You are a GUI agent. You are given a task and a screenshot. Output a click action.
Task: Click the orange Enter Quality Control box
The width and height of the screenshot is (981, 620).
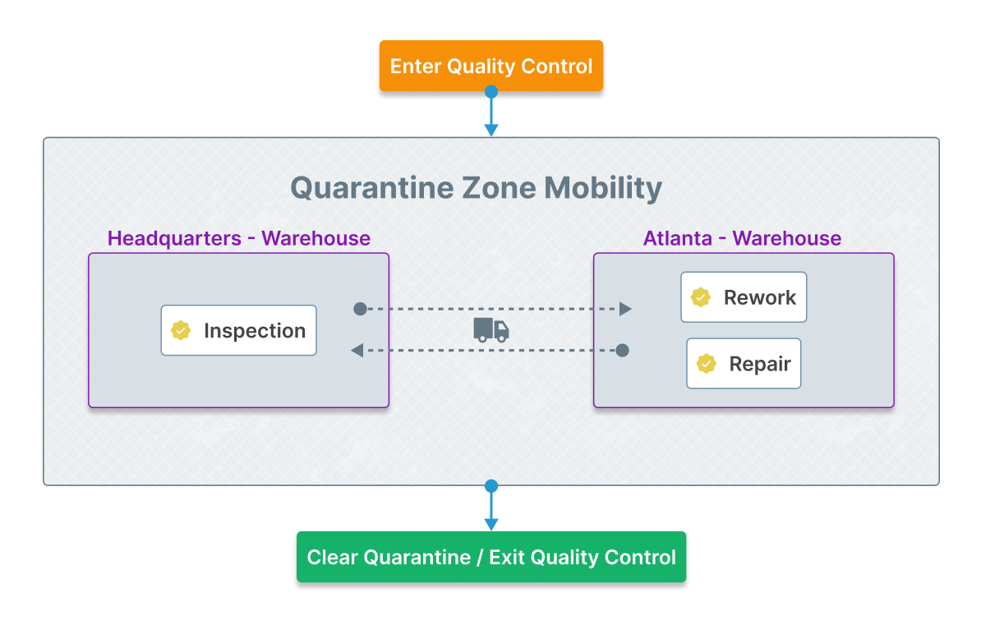pyautogui.click(x=491, y=66)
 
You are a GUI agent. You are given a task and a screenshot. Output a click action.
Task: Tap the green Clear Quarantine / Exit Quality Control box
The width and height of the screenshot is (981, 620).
pyautogui.click(x=491, y=557)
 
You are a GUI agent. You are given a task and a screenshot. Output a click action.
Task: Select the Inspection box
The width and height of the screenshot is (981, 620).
pyautogui.click(x=238, y=330)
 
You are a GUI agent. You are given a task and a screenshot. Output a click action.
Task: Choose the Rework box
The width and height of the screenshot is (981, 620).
pyautogui.click(x=744, y=297)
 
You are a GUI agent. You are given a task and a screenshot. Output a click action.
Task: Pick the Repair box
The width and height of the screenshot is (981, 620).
pyautogui.click(x=744, y=364)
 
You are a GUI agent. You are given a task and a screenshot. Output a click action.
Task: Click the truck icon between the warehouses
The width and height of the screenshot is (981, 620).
pyautogui.click(x=491, y=329)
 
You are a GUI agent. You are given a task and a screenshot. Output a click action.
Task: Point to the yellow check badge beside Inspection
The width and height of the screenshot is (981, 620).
pyautogui.click(x=181, y=330)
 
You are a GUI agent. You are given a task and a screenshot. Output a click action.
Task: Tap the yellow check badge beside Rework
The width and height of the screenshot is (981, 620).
pyautogui.click(x=701, y=297)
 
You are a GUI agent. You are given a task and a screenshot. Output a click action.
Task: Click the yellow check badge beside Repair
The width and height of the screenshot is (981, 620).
pyautogui.click(x=707, y=364)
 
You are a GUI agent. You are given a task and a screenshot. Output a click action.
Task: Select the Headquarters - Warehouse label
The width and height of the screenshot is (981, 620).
pyautogui.click(x=239, y=238)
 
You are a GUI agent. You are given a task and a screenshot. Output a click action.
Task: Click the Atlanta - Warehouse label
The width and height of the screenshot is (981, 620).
pyautogui.click(x=743, y=238)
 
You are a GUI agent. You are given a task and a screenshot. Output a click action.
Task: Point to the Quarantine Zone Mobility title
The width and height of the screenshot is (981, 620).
pyautogui.click(x=476, y=188)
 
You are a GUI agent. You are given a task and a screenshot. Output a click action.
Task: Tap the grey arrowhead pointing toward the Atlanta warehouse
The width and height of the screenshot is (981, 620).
pyautogui.click(x=625, y=309)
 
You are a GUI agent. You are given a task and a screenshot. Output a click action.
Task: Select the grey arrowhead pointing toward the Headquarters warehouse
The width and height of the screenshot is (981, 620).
pyautogui.click(x=357, y=351)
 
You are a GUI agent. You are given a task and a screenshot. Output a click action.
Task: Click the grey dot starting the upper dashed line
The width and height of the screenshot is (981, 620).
pyautogui.click(x=361, y=309)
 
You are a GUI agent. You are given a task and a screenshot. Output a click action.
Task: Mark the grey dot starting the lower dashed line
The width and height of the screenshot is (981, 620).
pyautogui.click(x=623, y=351)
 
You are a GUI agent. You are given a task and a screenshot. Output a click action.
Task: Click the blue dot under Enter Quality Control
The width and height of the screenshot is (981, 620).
pyautogui.click(x=491, y=92)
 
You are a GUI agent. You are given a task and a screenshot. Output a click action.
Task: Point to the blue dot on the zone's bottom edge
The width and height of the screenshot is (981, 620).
pyautogui.click(x=491, y=486)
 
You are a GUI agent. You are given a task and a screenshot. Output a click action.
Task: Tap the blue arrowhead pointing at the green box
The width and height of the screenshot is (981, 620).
pyautogui.click(x=491, y=525)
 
